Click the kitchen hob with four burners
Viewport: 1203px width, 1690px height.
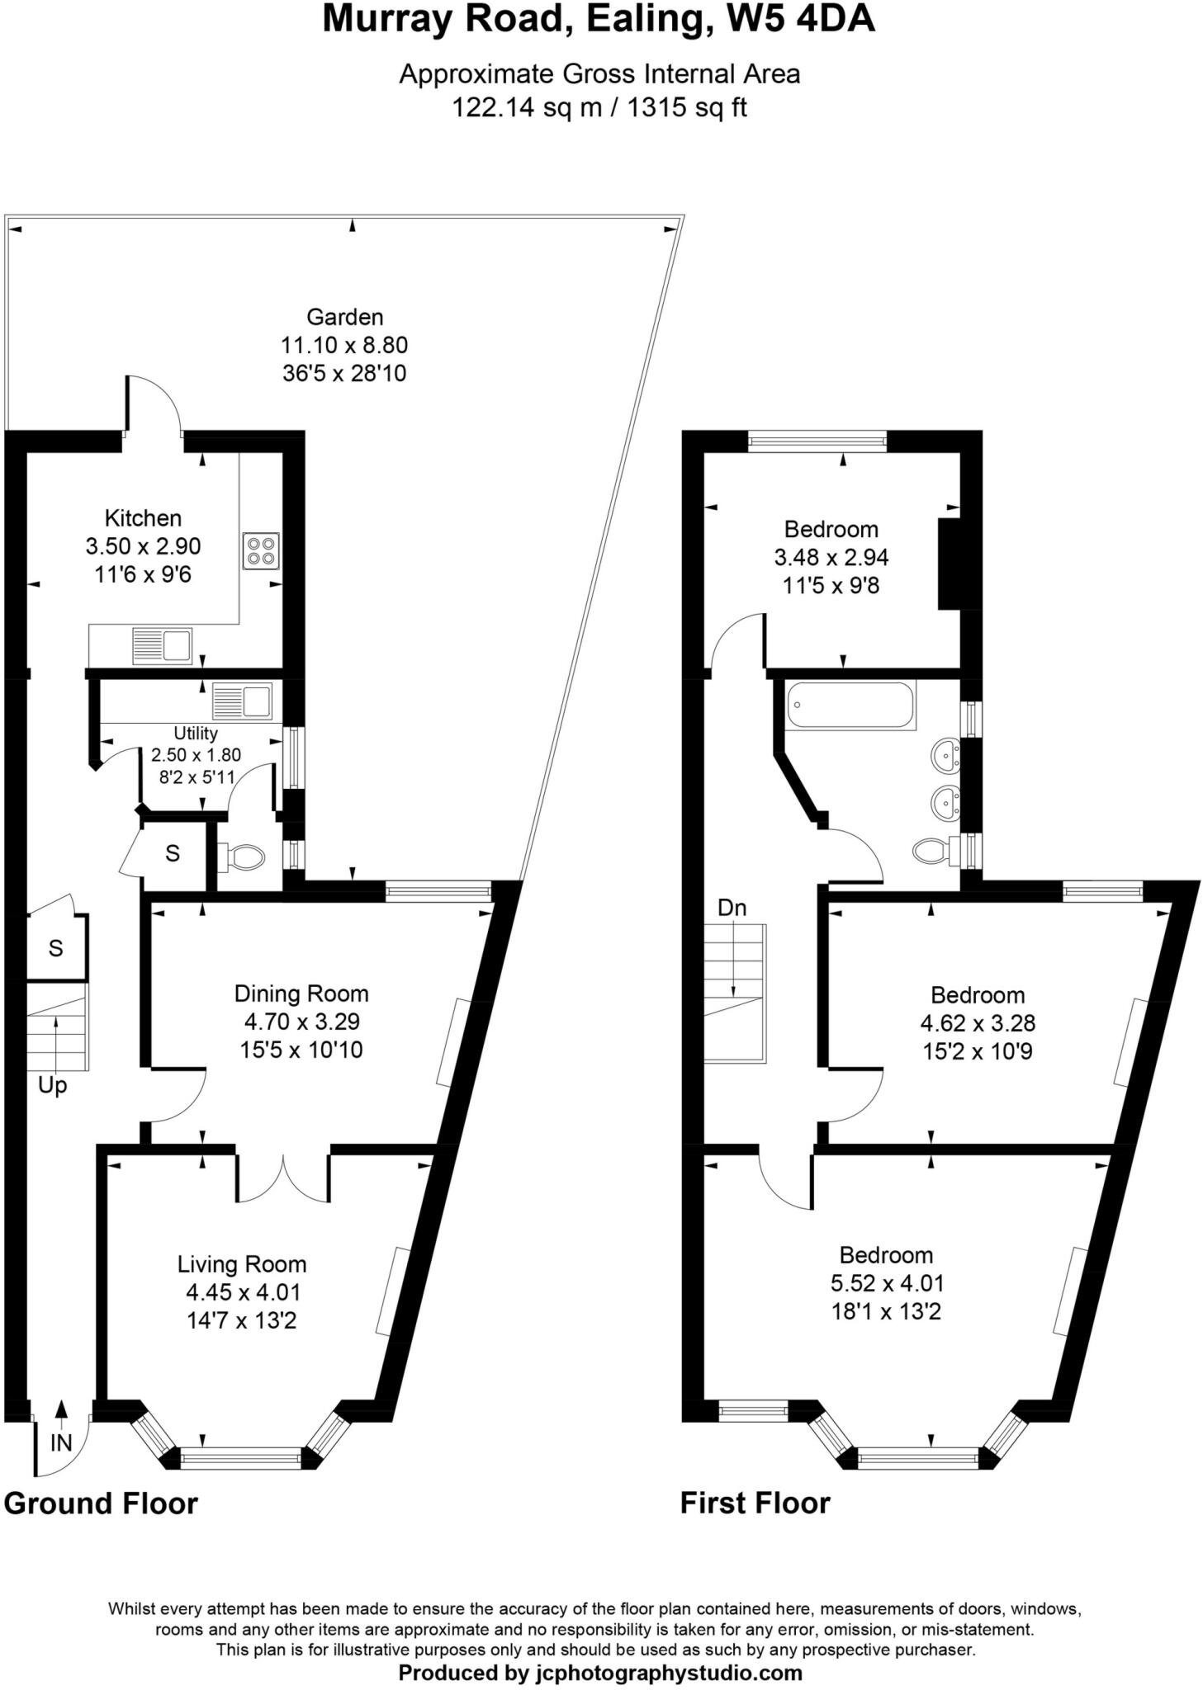coord(260,550)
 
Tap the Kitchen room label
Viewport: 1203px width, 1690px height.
coord(143,518)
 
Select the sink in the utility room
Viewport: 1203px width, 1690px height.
coord(242,701)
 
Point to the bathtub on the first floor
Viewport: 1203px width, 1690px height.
coord(850,704)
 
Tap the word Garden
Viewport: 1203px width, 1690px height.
coord(344,317)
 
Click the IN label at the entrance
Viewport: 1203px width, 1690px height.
coord(61,1442)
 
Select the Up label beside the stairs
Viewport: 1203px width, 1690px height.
coord(52,1086)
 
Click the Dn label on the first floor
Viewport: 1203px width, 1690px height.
coord(732,908)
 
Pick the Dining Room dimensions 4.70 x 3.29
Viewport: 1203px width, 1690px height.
coord(301,1022)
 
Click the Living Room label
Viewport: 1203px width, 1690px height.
coord(241,1264)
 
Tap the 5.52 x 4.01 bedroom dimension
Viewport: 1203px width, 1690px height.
coord(887,1283)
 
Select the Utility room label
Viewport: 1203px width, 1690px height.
coord(196,733)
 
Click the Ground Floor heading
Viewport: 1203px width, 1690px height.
coord(101,1504)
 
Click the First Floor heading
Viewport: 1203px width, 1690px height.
coord(755,1504)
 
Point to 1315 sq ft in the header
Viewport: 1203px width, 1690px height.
coord(687,107)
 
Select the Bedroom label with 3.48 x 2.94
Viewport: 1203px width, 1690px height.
coord(831,529)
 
